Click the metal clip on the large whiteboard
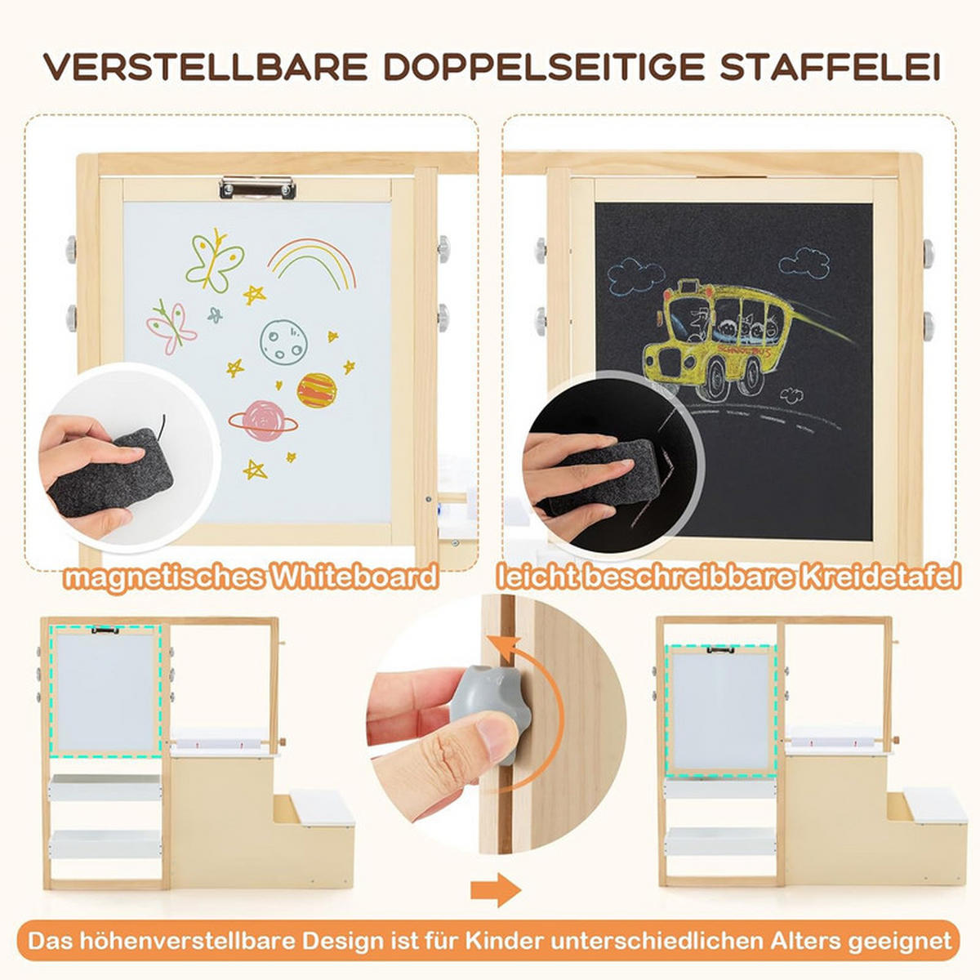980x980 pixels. [257, 187]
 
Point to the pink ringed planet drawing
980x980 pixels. [263, 421]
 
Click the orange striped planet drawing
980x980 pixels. [317, 390]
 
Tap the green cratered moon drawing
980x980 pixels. [283, 341]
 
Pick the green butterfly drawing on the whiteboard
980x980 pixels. [215, 260]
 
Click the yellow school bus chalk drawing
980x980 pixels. [728, 338]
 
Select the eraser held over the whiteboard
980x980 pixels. [111, 473]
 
